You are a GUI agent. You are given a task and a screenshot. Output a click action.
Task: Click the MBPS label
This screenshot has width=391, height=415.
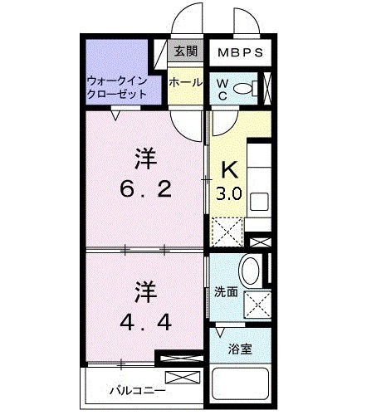pyautogui.click(x=241, y=52)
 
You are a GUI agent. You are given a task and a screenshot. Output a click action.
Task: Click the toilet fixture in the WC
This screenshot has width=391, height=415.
pyautogui.click(x=243, y=88)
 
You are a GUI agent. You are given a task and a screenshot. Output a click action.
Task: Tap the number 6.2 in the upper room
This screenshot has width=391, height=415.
pyautogui.click(x=147, y=190)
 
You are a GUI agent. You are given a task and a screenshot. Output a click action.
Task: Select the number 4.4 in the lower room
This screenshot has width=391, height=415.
pyautogui.click(x=147, y=322)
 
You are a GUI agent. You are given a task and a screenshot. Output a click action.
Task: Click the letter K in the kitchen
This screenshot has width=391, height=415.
pyautogui.click(x=228, y=170)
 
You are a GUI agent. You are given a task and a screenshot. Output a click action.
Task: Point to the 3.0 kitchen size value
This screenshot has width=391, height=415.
pyautogui.click(x=229, y=196)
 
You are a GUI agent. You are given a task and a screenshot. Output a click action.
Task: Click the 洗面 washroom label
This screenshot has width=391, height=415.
pyautogui.click(x=225, y=292)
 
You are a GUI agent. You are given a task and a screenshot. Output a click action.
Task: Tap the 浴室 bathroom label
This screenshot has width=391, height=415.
pyautogui.click(x=242, y=349)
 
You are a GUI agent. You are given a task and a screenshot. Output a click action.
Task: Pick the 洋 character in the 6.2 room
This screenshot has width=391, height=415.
pyautogui.click(x=146, y=156)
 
